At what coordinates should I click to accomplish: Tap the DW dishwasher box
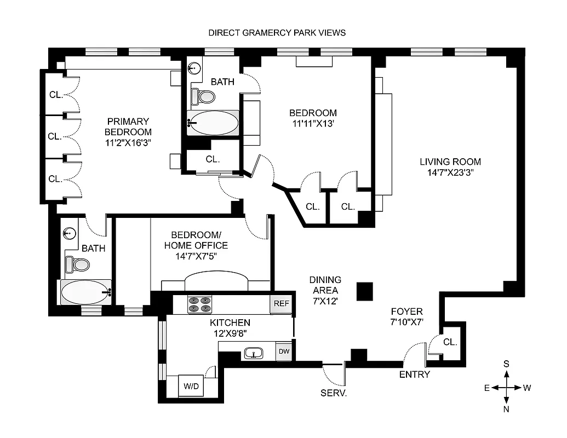(284, 351)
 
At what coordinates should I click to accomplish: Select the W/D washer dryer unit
(191, 386)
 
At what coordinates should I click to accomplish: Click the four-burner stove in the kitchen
(200, 304)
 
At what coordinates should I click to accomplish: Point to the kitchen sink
(253, 353)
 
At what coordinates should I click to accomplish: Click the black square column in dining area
(365, 291)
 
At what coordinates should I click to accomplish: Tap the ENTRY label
(415, 374)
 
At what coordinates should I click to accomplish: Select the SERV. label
(334, 393)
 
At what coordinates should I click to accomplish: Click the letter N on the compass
(507, 408)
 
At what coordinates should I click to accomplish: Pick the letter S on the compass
(507, 364)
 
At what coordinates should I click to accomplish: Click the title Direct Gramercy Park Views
(277, 32)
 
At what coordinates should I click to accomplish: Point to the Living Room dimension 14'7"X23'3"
(450, 172)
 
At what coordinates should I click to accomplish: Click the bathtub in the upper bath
(213, 123)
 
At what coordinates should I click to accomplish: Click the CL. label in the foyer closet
(450, 342)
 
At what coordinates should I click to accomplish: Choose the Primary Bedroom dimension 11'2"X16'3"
(128, 142)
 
